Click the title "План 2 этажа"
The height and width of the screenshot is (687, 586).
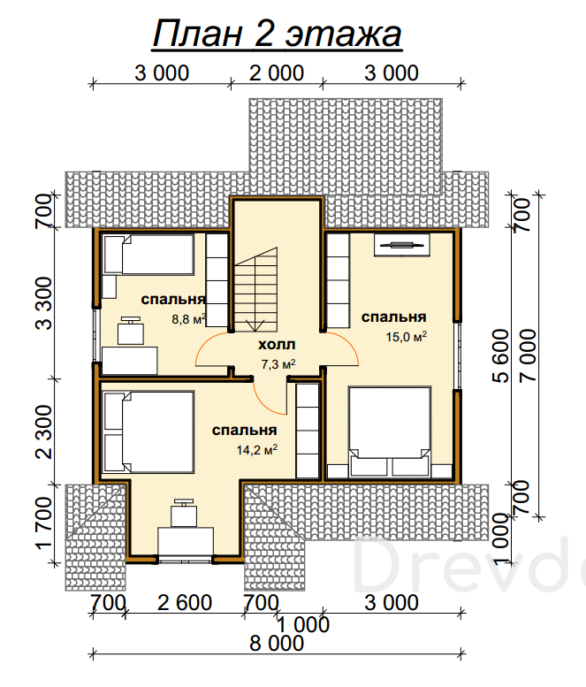(278, 34)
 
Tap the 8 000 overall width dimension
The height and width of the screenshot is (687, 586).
(277, 644)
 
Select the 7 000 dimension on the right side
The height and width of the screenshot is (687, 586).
(528, 355)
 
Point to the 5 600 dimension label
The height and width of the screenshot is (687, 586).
(500, 355)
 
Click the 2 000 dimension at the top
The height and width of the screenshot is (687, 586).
(277, 73)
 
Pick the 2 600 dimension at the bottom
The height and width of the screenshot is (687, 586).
(185, 603)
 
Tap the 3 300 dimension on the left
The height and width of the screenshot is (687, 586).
(44, 303)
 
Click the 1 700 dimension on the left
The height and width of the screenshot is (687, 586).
(44, 523)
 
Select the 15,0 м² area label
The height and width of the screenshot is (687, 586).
(407, 337)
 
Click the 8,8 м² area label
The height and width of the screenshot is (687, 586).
(189, 319)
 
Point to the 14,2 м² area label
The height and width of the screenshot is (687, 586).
(257, 449)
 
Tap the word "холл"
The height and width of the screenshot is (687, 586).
(277, 345)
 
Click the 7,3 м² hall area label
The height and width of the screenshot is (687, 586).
(278, 364)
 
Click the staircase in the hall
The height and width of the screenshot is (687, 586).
(255, 290)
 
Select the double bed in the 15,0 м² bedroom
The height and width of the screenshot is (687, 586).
(390, 431)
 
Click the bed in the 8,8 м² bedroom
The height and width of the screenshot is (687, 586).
(148, 255)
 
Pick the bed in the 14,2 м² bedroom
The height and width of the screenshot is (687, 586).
(148, 432)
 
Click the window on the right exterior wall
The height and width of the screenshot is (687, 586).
(457, 355)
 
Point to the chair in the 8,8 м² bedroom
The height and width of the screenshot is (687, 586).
(131, 331)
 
